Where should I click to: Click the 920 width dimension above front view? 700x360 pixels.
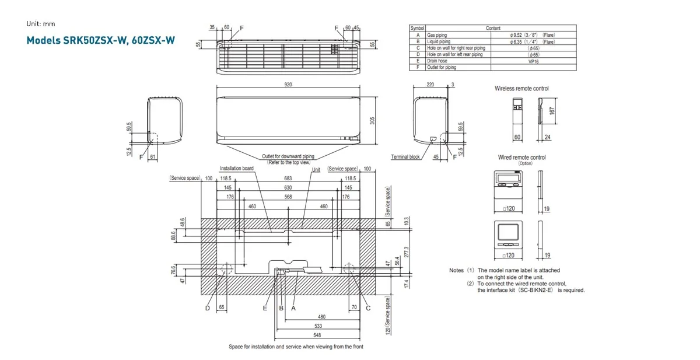click(x=288, y=85)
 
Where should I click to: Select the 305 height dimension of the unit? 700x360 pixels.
click(x=372, y=120)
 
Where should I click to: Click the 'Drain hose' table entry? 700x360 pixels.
click(x=437, y=61)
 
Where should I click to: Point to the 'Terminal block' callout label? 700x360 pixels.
click(x=405, y=157)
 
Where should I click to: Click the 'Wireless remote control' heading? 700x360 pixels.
click(x=521, y=89)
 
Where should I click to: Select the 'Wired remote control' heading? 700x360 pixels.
click(x=521, y=158)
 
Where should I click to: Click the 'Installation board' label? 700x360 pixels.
click(x=236, y=169)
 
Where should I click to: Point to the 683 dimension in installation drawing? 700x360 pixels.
click(x=288, y=178)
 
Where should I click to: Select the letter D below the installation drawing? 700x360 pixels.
click(x=207, y=308)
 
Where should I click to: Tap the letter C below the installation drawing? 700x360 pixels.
click(x=368, y=308)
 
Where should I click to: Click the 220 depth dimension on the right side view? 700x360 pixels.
click(x=430, y=85)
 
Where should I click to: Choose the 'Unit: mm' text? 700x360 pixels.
click(x=40, y=24)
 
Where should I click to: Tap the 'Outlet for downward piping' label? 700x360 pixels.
click(x=288, y=157)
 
